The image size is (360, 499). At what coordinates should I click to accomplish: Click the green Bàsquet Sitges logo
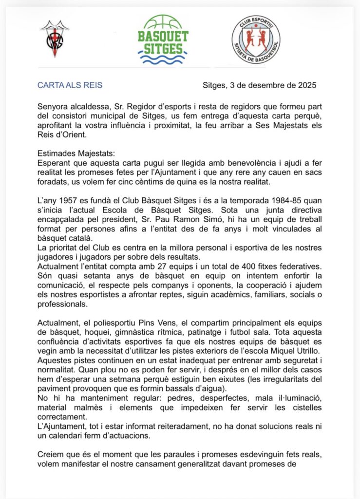click(163, 39)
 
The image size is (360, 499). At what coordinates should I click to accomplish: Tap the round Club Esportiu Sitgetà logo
click(256, 39)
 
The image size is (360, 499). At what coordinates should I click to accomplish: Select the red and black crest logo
click(54, 39)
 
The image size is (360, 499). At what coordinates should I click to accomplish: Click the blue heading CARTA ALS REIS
click(70, 85)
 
